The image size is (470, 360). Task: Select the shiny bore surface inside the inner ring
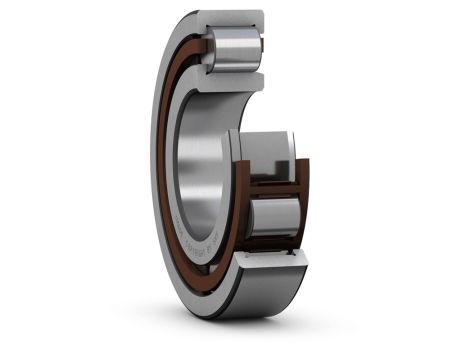(x=200, y=150)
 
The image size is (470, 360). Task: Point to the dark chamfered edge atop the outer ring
(x=190, y=17)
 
